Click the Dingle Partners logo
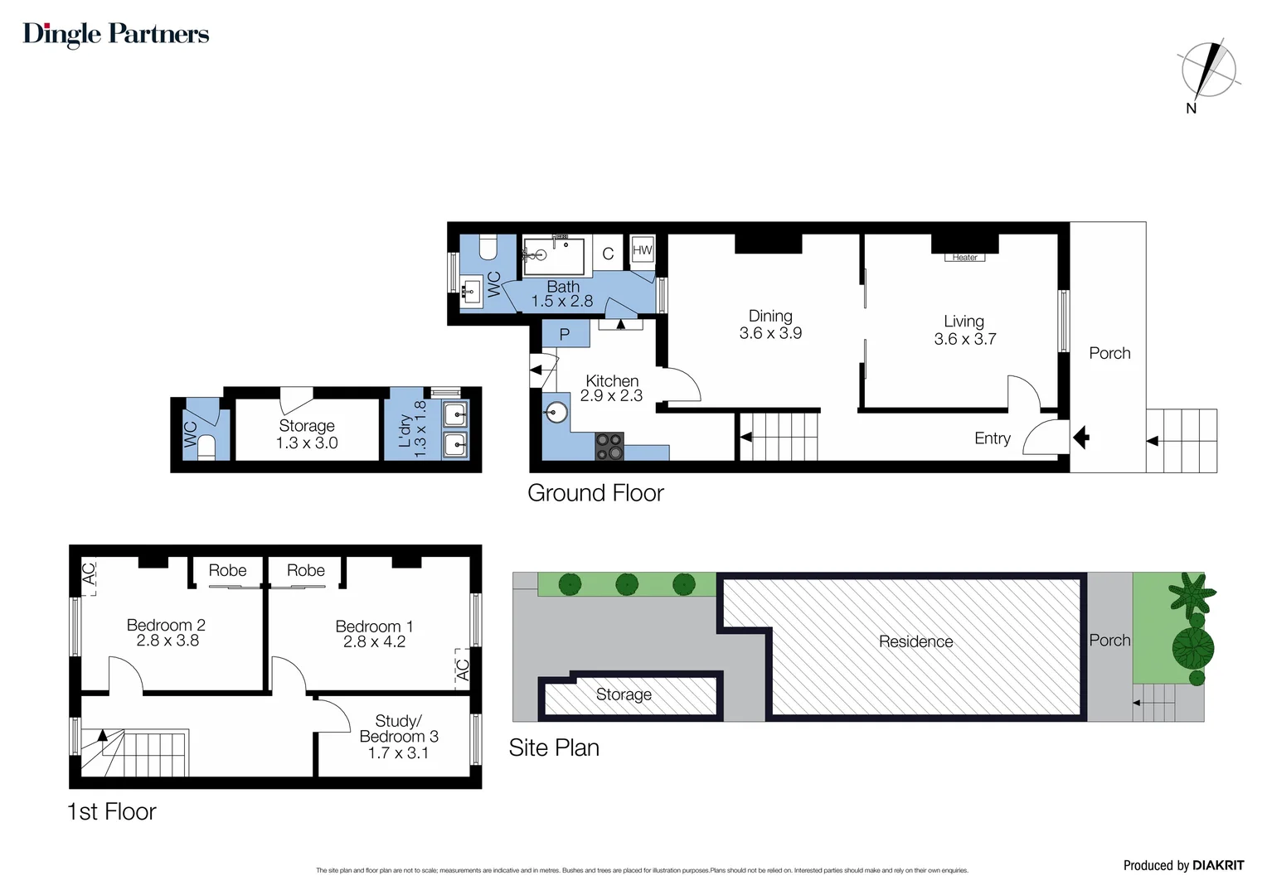click(116, 34)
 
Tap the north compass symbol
click(1209, 71)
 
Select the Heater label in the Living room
click(964, 258)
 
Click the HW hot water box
click(642, 250)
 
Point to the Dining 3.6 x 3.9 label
click(770, 325)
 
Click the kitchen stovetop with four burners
click(609, 446)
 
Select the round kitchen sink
click(556, 412)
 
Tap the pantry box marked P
click(565, 335)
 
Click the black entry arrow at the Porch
click(1080, 437)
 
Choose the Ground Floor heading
click(595, 493)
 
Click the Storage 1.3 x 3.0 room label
click(307, 434)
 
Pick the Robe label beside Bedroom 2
click(227, 570)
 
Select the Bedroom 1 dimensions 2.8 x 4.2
click(374, 642)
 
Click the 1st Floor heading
click(112, 812)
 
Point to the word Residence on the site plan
click(915, 641)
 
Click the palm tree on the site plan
click(1192, 593)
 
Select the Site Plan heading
click(554, 748)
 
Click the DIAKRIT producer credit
click(1183, 865)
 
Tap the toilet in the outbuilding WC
click(206, 447)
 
